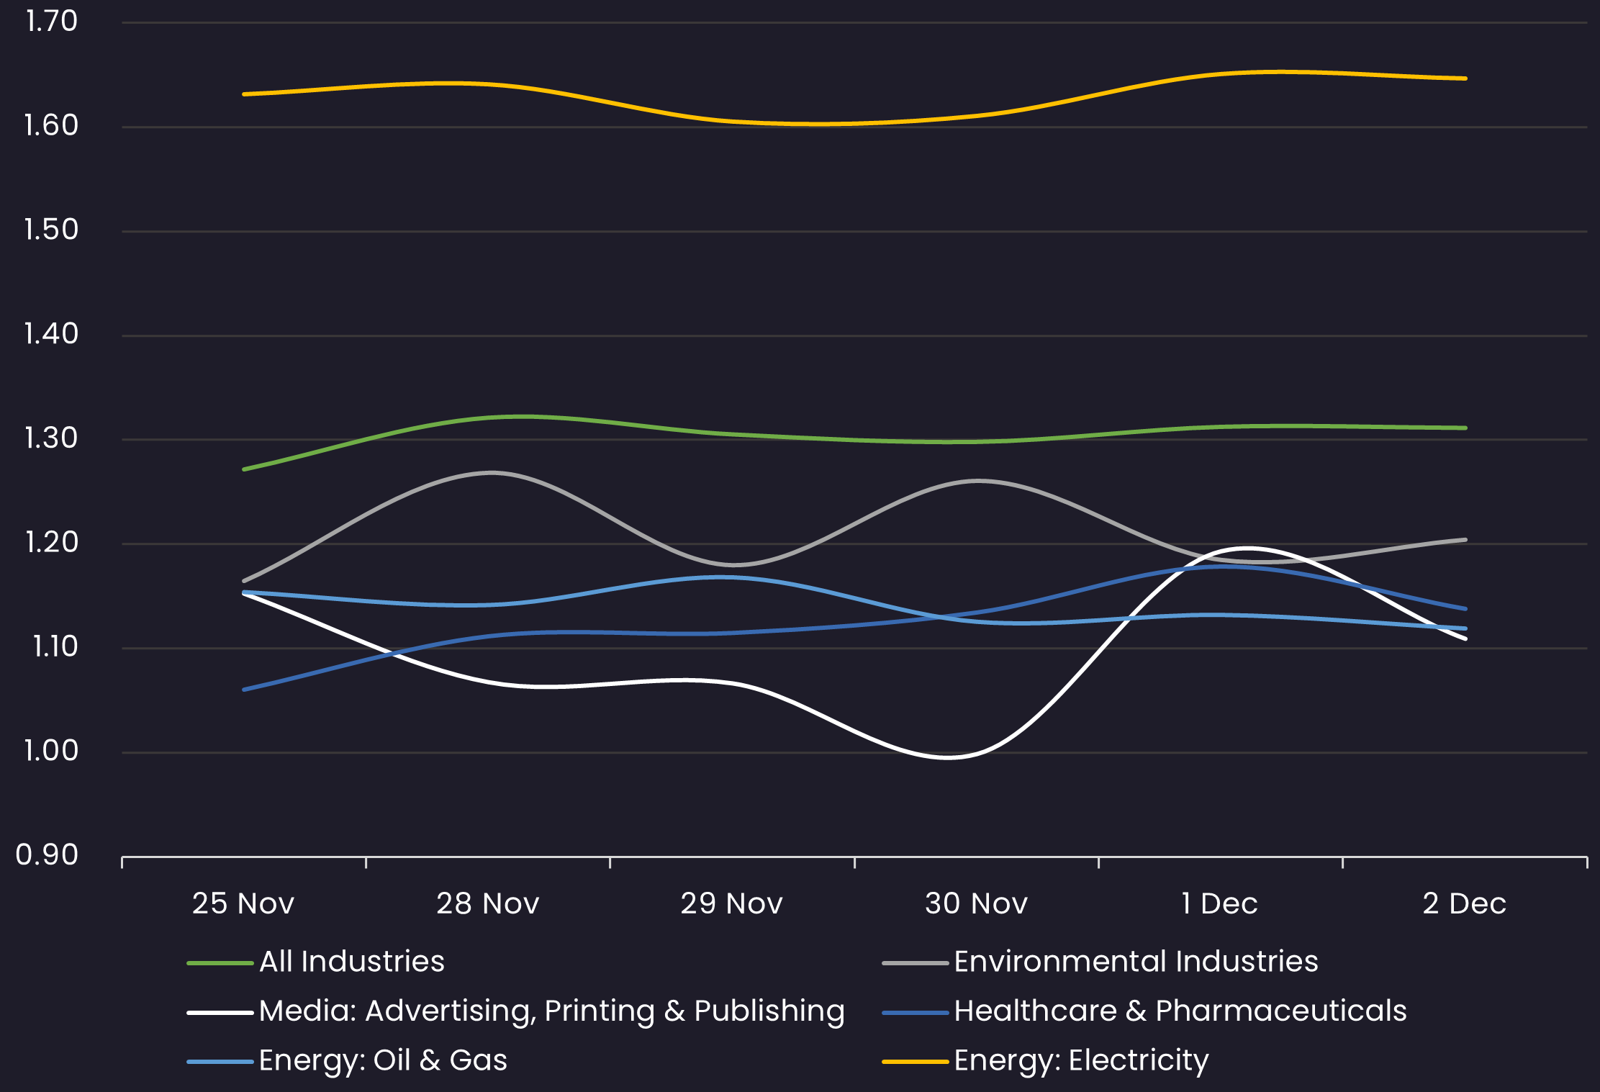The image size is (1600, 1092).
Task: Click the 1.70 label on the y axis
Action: tap(51, 22)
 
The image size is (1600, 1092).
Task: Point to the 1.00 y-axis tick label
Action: tap(51, 751)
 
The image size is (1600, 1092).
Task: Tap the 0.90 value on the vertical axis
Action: tap(47, 855)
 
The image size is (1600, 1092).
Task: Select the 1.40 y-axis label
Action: tap(51, 334)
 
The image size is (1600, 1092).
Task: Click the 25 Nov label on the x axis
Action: tap(243, 903)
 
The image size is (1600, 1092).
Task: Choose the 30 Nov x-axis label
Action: tap(976, 903)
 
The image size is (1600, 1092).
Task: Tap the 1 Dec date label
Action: tap(1219, 903)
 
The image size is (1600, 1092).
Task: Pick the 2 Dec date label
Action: tap(1464, 903)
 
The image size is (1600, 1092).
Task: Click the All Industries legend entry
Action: tap(351, 962)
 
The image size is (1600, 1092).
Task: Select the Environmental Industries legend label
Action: tap(1136, 962)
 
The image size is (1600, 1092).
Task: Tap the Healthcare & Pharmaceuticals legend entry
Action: tap(1180, 1011)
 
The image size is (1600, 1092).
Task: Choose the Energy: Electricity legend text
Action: tap(1081, 1060)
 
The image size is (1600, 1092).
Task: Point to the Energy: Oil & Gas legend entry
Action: tap(383, 1060)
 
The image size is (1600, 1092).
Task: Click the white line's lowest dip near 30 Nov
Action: tap(948, 757)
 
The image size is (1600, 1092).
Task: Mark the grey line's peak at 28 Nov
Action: tap(492, 473)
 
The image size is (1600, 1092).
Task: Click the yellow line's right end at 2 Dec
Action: tap(1465, 78)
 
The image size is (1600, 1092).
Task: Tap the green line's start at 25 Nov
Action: tap(245, 469)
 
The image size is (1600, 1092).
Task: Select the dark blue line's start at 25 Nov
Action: tap(245, 690)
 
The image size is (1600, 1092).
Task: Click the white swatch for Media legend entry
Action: tap(220, 1012)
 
